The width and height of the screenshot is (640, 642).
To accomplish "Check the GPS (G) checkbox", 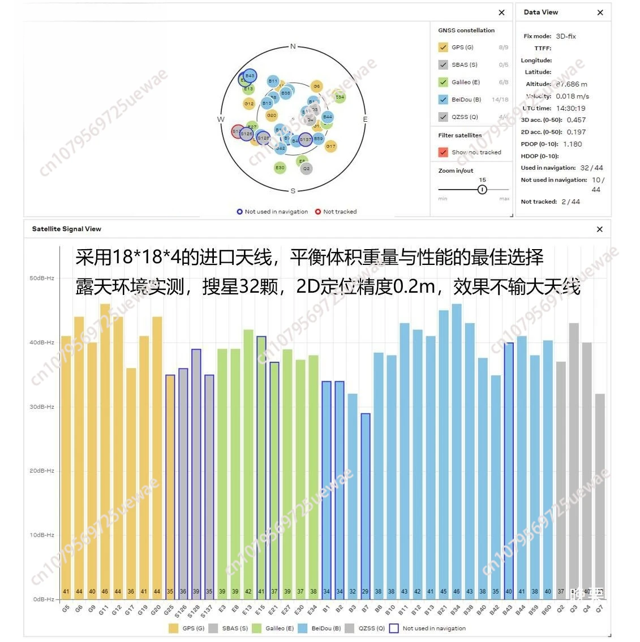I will (x=443, y=48).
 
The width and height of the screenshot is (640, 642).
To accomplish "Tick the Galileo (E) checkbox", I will (x=443, y=82).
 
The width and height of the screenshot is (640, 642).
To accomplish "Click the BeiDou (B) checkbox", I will (x=443, y=100).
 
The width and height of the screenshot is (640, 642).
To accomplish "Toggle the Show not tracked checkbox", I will (x=443, y=152).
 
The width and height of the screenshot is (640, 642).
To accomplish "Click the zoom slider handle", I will (x=482, y=190).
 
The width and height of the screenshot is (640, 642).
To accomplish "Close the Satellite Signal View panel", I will (x=600, y=229).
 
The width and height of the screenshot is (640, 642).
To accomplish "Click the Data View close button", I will (x=600, y=12).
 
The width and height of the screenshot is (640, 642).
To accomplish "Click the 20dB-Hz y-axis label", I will (x=42, y=471).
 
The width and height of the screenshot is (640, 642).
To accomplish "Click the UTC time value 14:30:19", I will (x=570, y=108).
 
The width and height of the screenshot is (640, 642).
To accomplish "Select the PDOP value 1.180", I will (x=572, y=144).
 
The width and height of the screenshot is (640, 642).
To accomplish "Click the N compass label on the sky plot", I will (x=293, y=46).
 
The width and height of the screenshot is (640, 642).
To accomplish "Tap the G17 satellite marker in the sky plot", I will (x=330, y=146).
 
